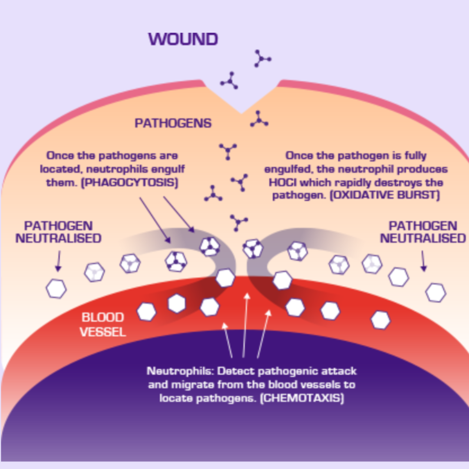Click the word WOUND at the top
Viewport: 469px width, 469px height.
pyautogui.click(x=183, y=40)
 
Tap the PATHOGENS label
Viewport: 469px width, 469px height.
pyautogui.click(x=173, y=123)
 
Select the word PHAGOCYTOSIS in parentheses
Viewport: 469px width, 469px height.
pyautogui.click(x=131, y=182)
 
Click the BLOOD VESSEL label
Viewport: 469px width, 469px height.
pyautogui.click(x=103, y=325)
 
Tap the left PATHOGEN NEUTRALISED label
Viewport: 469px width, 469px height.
pyautogui.click(x=58, y=232)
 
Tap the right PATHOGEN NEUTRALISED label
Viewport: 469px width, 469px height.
pyautogui.click(x=423, y=232)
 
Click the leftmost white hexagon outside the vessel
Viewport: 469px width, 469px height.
pyautogui.click(x=56, y=289)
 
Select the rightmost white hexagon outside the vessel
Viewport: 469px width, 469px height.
pyautogui.click(x=436, y=293)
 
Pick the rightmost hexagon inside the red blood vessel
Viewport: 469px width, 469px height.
pyautogui.click(x=381, y=320)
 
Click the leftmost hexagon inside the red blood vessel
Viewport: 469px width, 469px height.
pyautogui.click(x=146, y=312)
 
